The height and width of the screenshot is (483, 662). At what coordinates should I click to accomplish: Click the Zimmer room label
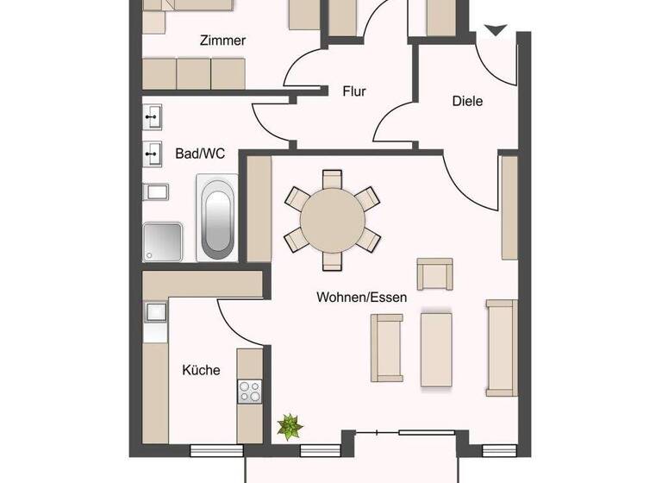(222, 41)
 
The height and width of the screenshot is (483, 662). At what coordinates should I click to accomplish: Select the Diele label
(467, 101)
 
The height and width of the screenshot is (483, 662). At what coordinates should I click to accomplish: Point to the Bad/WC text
(200, 154)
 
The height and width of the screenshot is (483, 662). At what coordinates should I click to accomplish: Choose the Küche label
(201, 370)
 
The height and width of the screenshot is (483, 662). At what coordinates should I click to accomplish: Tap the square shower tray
(163, 241)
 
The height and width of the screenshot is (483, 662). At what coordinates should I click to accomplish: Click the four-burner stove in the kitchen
(249, 392)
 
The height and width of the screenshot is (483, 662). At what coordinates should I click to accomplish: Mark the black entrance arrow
(494, 32)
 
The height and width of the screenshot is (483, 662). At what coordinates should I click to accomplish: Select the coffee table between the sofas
(436, 349)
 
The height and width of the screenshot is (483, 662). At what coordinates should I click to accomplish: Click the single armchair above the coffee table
(434, 274)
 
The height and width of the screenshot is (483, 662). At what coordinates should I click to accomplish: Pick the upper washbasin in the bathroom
(153, 116)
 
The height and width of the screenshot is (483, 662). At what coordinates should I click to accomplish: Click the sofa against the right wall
(501, 348)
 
